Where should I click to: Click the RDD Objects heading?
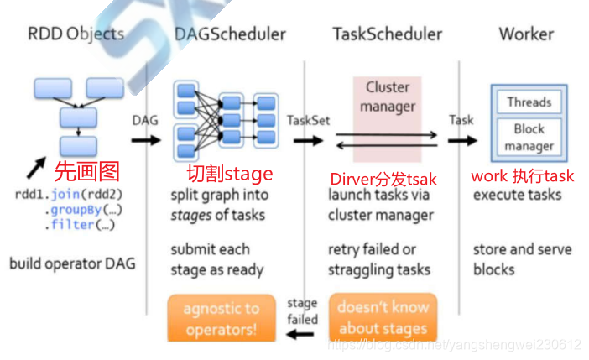(76, 34)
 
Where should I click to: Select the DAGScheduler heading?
(230, 34)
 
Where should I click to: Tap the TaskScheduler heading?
(388, 34)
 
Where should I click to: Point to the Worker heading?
(526, 34)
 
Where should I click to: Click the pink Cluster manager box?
(387, 119)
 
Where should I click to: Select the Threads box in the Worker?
(529, 102)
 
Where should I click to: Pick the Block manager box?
(529, 137)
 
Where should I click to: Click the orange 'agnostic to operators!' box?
(222, 318)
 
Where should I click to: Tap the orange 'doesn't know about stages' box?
(383, 317)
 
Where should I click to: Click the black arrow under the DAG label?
(146, 140)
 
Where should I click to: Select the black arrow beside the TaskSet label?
(309, 141)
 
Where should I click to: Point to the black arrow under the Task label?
(462, 141)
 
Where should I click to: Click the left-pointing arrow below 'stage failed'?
(300, 334)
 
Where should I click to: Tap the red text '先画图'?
(87, 172)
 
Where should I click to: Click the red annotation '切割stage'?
(230, 174)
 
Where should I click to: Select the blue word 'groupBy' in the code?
(76, 210)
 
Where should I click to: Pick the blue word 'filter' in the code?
(72, 225)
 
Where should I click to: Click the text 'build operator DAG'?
(72, 263)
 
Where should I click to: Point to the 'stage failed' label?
(302, 311)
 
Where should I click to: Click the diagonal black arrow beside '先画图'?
(36, 168)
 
